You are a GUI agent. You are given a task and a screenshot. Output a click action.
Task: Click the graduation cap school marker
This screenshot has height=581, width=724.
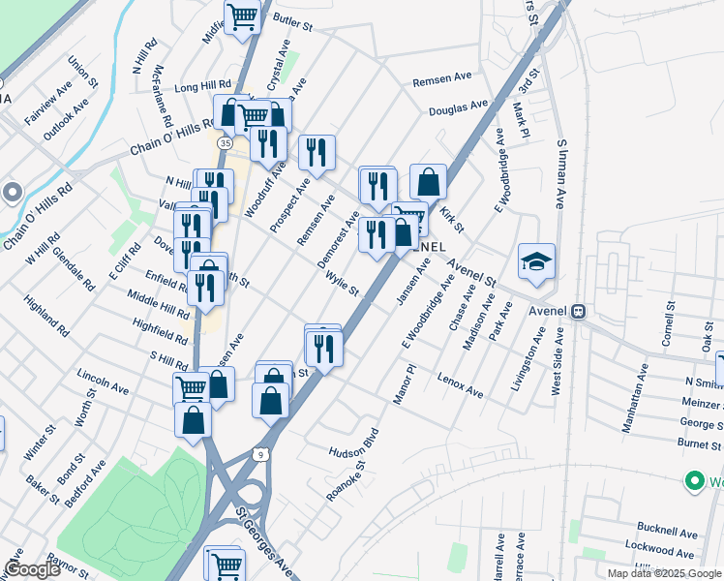(536, 261)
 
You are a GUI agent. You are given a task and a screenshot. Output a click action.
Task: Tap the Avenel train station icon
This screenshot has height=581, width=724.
(579, 312)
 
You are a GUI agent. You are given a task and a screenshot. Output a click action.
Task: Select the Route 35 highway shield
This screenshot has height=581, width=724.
(225, 142)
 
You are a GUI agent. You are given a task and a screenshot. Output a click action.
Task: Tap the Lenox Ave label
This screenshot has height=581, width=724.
(460, 384)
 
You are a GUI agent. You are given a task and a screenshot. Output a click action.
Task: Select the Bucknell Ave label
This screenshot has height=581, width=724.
(667, 533)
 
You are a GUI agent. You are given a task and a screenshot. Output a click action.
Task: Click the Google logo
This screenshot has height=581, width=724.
(32, 569)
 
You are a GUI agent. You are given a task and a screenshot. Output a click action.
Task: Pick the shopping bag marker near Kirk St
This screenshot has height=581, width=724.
(428, 181)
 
